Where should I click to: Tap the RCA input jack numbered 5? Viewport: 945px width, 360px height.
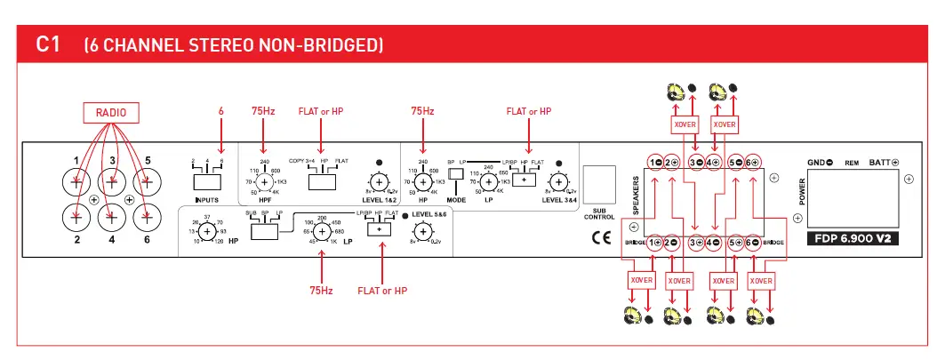[148, 182]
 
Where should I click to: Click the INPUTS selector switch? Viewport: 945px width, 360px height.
[207, 181]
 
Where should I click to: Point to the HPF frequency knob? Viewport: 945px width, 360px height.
[264, 182]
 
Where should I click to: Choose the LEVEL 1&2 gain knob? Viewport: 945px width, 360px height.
[380, 183]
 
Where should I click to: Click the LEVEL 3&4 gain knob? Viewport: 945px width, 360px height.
[558, 183]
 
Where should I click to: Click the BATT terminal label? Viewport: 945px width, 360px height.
[882, 162]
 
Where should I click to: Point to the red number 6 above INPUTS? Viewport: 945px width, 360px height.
[221, 112]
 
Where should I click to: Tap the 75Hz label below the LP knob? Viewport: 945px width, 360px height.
[321, 290]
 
